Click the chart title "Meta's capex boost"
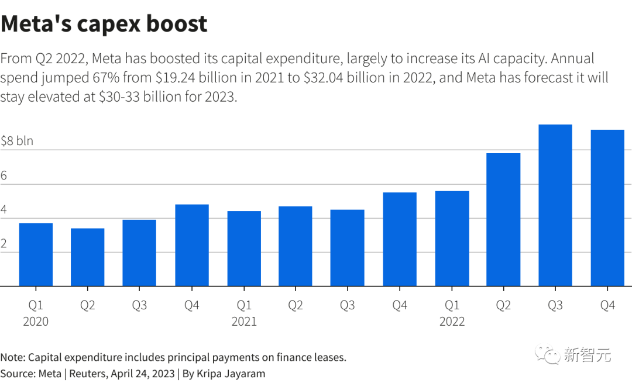104,24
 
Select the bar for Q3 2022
555,205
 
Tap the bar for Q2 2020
87,257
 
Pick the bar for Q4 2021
400,239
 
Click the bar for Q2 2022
503,220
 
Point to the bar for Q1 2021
244,249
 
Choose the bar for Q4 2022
607,208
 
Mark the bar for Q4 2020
192,245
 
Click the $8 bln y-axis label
17,141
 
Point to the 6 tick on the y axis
5,175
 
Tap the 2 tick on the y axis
5,244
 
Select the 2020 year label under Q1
36,322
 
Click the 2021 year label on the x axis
244,322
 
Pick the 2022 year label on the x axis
452,322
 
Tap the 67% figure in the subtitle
104,78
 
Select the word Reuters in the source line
85,374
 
